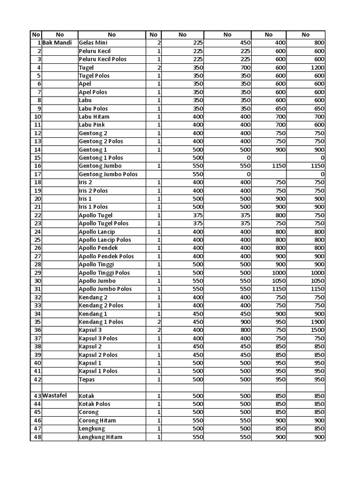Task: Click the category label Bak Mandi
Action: point(57,43)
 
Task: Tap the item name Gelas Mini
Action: point(93,43)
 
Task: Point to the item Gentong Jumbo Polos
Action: point(108,174)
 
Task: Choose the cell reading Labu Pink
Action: point(92,125)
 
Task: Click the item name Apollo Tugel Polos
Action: point(104,224)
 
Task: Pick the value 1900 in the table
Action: point(316,322)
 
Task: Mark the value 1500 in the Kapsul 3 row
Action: point(316,330)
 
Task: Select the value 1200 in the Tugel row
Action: point(316,67)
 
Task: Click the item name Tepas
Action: point(87,379)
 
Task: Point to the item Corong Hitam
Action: point(97,420)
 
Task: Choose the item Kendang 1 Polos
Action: point(101,322)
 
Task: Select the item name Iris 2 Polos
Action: point(93,191)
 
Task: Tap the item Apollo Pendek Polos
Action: point(106,256)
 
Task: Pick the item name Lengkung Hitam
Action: point(101,437)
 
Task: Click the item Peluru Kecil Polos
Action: point(103,59)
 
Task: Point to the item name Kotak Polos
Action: point(95,404)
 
